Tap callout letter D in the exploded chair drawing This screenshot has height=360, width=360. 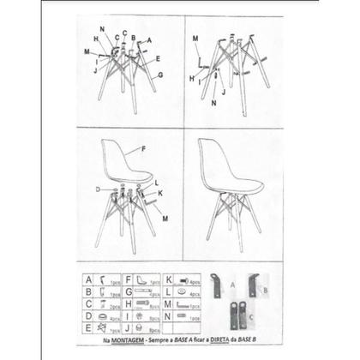coord(99,188)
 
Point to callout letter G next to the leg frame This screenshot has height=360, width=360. coord(160,75)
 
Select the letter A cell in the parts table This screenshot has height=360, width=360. coord(88,279)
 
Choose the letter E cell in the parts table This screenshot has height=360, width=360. coord(88,326)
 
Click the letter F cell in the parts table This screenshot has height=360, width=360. coord(128,279)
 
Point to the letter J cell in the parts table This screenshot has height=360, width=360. coord(128,326)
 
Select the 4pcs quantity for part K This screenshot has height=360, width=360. coord(195,280)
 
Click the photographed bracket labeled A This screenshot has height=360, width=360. coord(218,287)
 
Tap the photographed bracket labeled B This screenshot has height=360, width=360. coord(253,285)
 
